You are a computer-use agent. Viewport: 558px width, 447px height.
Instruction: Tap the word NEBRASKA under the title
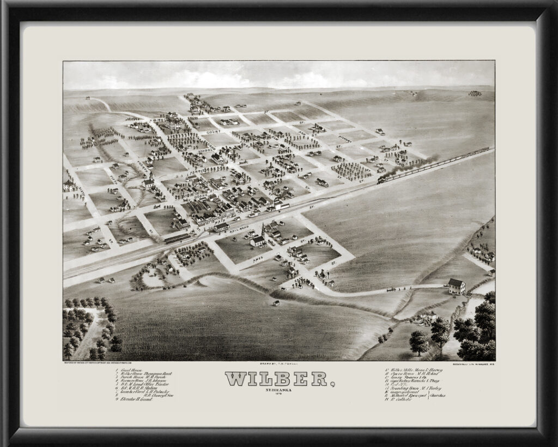click(278, 390)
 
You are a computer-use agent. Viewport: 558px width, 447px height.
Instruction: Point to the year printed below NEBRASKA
click(278, 395)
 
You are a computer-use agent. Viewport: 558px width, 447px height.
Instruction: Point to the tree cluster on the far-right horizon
click(475, 93)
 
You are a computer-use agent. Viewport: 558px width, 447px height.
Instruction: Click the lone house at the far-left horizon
click(88, 98)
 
